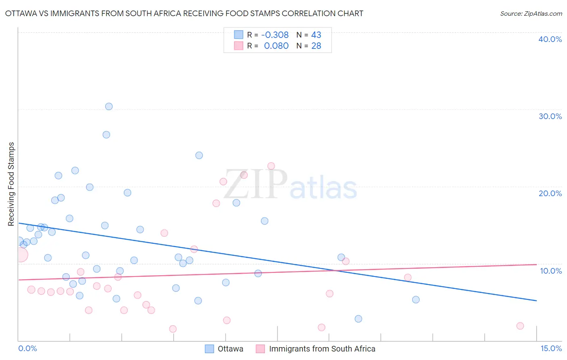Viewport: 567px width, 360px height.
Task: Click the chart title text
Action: (x=184, y=13)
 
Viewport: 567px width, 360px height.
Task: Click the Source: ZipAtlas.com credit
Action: (x=531, y=13)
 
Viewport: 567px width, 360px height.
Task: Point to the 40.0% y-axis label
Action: (x=550, y=39)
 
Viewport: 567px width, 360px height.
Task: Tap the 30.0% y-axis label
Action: (x=550, y=116)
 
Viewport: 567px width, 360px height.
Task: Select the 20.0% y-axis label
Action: (x=550, y=193)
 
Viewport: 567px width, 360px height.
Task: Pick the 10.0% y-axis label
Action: (x=551, y=271)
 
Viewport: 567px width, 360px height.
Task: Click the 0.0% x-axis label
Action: (x=27, y=348)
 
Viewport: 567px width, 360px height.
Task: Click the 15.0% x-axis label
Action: (x=551, y=348)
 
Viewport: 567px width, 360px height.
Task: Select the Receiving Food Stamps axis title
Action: (x=11, y=184)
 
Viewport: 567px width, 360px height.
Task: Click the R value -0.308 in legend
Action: (x=275, y=35)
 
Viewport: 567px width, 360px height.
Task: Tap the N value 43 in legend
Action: (x=316, y=35)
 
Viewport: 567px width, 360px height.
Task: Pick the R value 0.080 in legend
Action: (x=276, y=46)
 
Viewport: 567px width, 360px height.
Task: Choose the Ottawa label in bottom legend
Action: (x=230, y=349)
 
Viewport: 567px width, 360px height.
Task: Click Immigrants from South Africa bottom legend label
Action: (x=322, y=349)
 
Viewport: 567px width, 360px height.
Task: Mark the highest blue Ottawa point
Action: (x=109, y=107)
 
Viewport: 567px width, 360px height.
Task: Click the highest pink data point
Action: (x=271, y=166)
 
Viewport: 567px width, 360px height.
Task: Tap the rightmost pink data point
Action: (x=520, y=326)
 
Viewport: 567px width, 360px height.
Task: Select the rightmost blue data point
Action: (x=416, y=299)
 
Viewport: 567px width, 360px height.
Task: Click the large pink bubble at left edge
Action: (x=20, y=255)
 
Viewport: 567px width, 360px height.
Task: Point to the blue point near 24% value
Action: (x=199, y=155)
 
